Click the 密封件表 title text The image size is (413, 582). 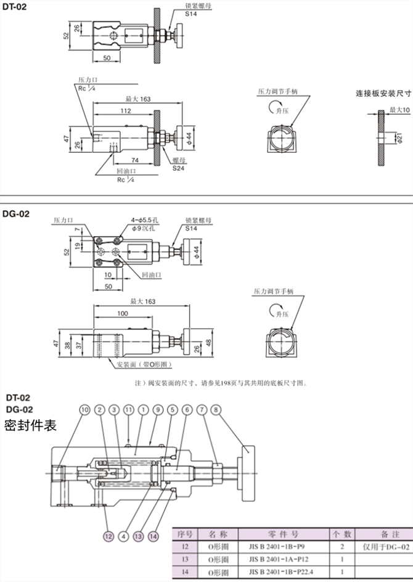pos(31,425)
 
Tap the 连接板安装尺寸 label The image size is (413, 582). pos(383,94)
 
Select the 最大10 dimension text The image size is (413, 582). pos(399,110)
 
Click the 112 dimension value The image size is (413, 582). pos(125,111)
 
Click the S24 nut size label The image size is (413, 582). pos(178,168)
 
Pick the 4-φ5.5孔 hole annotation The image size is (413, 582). pos(145,219)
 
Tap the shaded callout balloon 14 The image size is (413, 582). pos(153,536)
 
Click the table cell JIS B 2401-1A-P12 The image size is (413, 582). pos(277,560)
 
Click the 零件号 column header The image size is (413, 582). pos(278,534)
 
